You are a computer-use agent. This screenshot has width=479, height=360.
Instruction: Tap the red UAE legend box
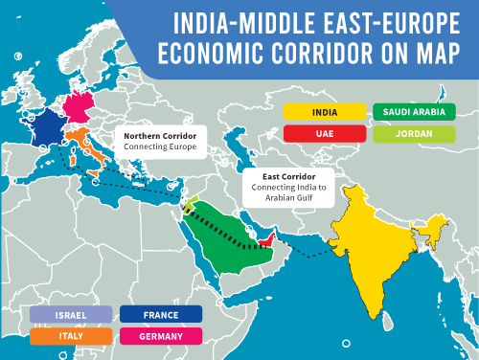click(325, 133)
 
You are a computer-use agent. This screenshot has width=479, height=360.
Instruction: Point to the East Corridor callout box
click(288, 188)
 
